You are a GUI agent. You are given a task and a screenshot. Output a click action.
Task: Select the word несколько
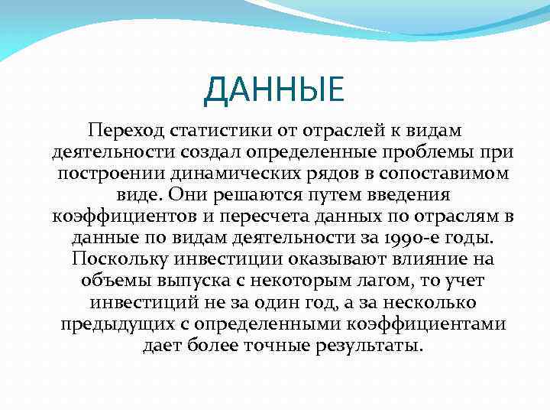[420, 302]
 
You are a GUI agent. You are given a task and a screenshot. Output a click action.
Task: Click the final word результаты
[369, 346]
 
